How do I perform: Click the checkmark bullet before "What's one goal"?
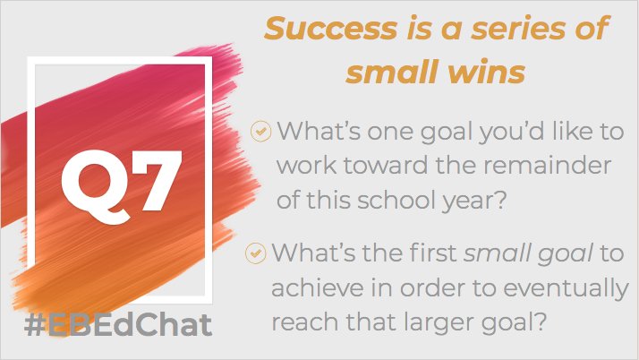[x=260, y=131]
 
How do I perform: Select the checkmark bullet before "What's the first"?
[x=257, y=253]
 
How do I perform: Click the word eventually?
[x=559, y=288]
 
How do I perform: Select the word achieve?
[x=312, y=288]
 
